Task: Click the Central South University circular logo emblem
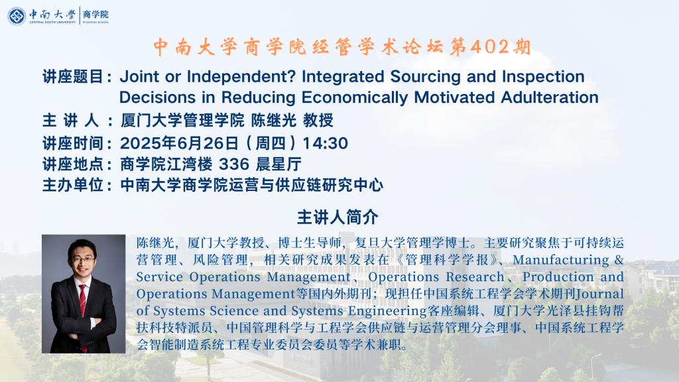coord(17,16)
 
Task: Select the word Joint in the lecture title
coord(139,77)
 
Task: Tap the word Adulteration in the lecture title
coord(550,97)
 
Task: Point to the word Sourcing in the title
coord(425,77)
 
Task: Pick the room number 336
coord(234,164)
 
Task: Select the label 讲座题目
coord(72,77)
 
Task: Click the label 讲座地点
coord(72,164)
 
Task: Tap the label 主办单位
coord(72,185)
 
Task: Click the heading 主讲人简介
coord(338,217)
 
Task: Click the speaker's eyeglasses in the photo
coord(83,259)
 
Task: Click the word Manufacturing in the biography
coord(562,260)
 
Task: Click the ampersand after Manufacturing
coord(619,260)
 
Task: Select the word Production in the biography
coord(556,277)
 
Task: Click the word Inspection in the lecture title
coord(543,77)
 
